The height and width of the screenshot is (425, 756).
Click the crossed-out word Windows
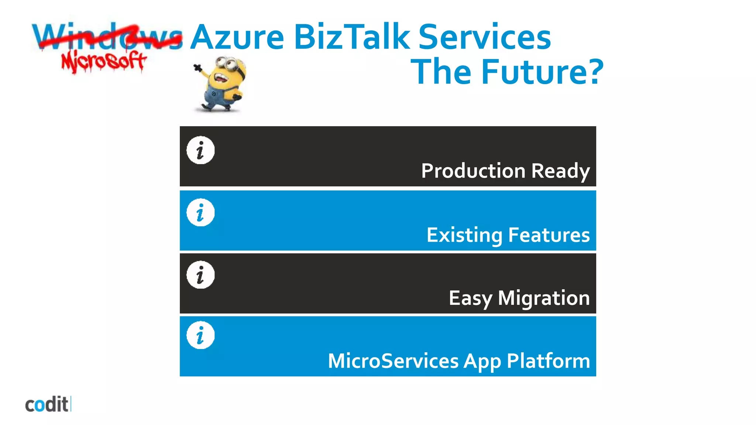(x=107, y=37)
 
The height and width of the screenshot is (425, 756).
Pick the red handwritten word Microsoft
(x=104, y=62)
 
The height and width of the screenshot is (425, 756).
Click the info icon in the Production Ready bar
(x=200, y=151)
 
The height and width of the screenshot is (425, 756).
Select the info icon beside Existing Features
(x=200, y=213)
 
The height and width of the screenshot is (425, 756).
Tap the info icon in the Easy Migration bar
(x=200, y=275)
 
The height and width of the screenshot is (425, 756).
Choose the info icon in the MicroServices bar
(x=200, y=335)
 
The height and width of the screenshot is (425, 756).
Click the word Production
(x=473, y=171)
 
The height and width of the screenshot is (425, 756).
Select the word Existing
(x=464, y=235)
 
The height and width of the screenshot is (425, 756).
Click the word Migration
(x=544, y=298)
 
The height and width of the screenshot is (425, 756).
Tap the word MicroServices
(x=393, y=361)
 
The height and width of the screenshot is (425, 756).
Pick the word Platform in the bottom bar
(x=548, y=361)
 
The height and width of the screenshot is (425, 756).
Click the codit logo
(x=47, y=405)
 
